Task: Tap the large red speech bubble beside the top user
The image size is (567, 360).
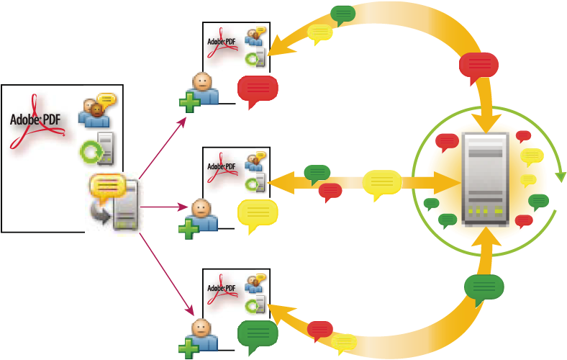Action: (x=258, y=89)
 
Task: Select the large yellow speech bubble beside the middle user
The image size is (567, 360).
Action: (x=257, y=213)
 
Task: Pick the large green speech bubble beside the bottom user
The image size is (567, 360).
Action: (x=258, y=335)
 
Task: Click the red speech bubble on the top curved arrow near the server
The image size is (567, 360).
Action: (x=478, y=66)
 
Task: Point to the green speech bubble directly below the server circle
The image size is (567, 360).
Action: (x=484, y=288)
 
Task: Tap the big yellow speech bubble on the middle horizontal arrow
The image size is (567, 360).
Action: (x=382, y=184)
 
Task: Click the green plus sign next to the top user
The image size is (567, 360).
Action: (x=190, y=102)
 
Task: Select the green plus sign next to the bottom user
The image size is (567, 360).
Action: (x=189, y=349)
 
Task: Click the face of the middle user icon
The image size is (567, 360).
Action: (x=202, y=208)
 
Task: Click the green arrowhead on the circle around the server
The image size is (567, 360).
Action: (x=561, y=176)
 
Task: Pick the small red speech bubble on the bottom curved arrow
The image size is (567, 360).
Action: (x=320, y=330)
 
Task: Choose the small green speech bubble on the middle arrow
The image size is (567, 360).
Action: (x=317, y=173)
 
